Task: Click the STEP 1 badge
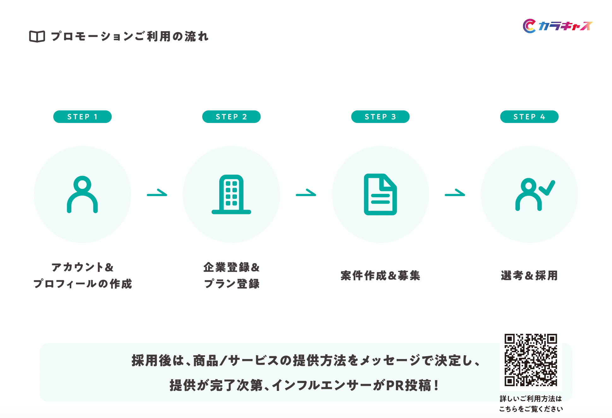coord(82,117)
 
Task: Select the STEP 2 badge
coord(231,117)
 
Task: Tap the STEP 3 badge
coord(380,117)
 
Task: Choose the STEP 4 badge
coord(529,117)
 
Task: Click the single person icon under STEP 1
coord(82,194)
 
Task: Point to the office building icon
coord(231,194)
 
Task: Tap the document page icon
coord(380,194)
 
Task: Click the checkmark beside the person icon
coord(547,188)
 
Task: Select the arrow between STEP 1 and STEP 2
coord(157,193)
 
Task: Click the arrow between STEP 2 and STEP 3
coord(306,193)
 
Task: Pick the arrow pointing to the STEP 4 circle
coord(455,193)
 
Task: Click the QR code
coord(531,360)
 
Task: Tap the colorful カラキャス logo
coord(557,26)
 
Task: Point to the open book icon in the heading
coord(37,37)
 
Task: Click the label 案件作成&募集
coord(380,276)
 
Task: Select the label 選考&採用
coord(529,276)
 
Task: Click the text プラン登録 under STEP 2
coord(232,284)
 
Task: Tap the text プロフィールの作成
coord(83,284)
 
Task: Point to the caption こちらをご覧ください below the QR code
coord(531,409)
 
